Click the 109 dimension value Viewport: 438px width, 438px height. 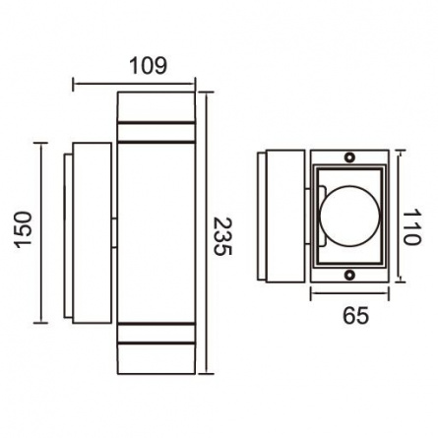pyautogui.click(x=149, y=65)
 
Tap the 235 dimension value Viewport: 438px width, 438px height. pyautogui.click(x=222, y=236)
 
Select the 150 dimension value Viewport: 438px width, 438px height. pyautogui.click(x=24, y=228)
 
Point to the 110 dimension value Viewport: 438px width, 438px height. pyautogui.click(x=411, y=227)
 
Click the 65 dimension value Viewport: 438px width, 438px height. pyautogui.click(x=356, y=316)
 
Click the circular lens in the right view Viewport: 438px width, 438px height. pyautogui.click(x=349, y=217)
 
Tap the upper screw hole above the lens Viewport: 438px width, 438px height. pyautogui.click(x=349, y=157)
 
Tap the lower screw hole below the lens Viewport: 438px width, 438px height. pyautogui.click(x=349, y=274)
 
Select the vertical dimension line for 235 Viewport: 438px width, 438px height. pyautogui.click(x=206, y=232)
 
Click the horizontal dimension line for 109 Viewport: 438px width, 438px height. pyautogui.click(x=134, y=85)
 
